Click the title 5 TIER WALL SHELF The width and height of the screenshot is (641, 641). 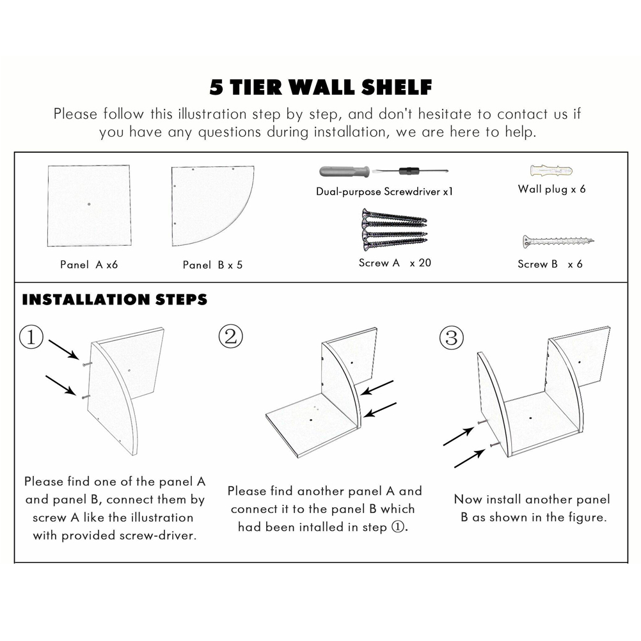click(320, 87)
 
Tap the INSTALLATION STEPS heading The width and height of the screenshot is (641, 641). click(115, 299)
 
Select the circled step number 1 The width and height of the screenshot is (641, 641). click(31, 337)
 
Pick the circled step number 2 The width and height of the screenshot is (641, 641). click(230, 336)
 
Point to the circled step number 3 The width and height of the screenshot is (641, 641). click(451, 338)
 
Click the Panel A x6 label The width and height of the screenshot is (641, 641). click(89, 265)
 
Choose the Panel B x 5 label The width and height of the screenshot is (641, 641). click(212, 265)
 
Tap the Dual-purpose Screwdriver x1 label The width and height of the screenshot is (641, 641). click(384, 192)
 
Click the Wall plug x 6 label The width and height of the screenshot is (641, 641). click(551, 189)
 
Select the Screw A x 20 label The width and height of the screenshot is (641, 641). click(395, 263)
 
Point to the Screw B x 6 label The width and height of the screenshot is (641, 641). click(550, 264)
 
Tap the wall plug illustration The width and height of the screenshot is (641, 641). click(551, 170)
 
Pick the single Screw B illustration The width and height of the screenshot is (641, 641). click(558, 241)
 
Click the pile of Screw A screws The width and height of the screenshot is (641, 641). click(394, 230)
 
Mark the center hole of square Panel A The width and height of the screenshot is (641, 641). click(89, 204)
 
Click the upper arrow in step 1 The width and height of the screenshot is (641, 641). click(64, 349)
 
